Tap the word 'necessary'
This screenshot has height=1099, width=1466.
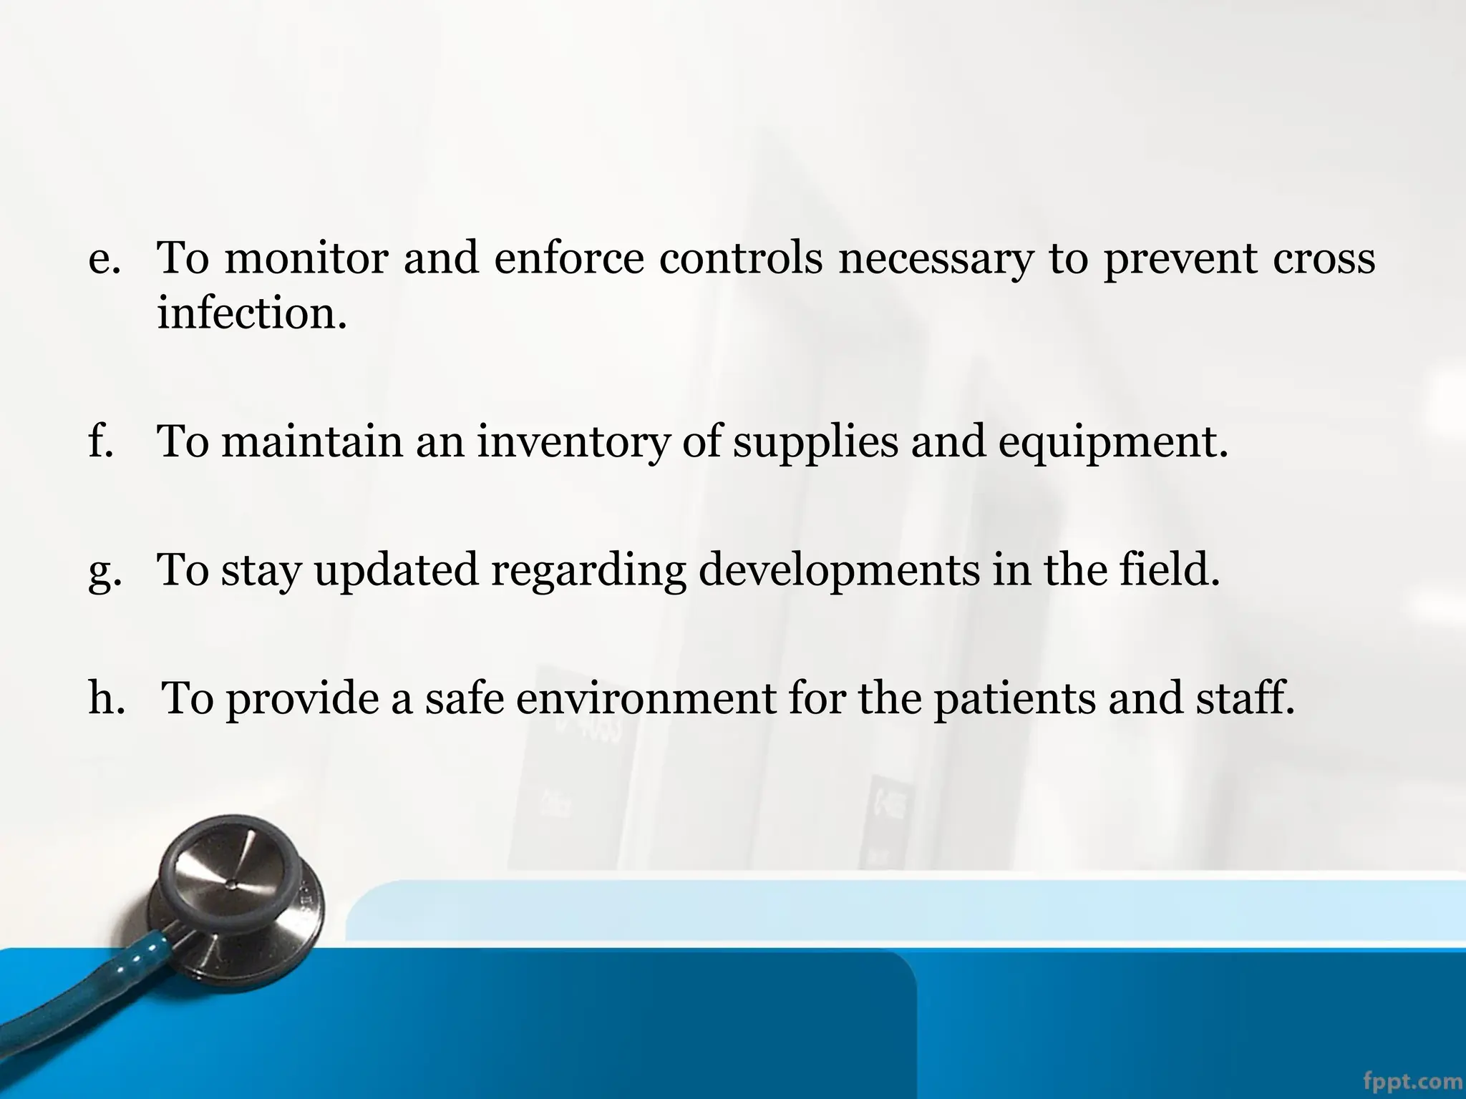936,260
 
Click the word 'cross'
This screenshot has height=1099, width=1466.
1324,258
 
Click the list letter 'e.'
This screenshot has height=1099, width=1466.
103,260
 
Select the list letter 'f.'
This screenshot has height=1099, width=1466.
100,441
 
